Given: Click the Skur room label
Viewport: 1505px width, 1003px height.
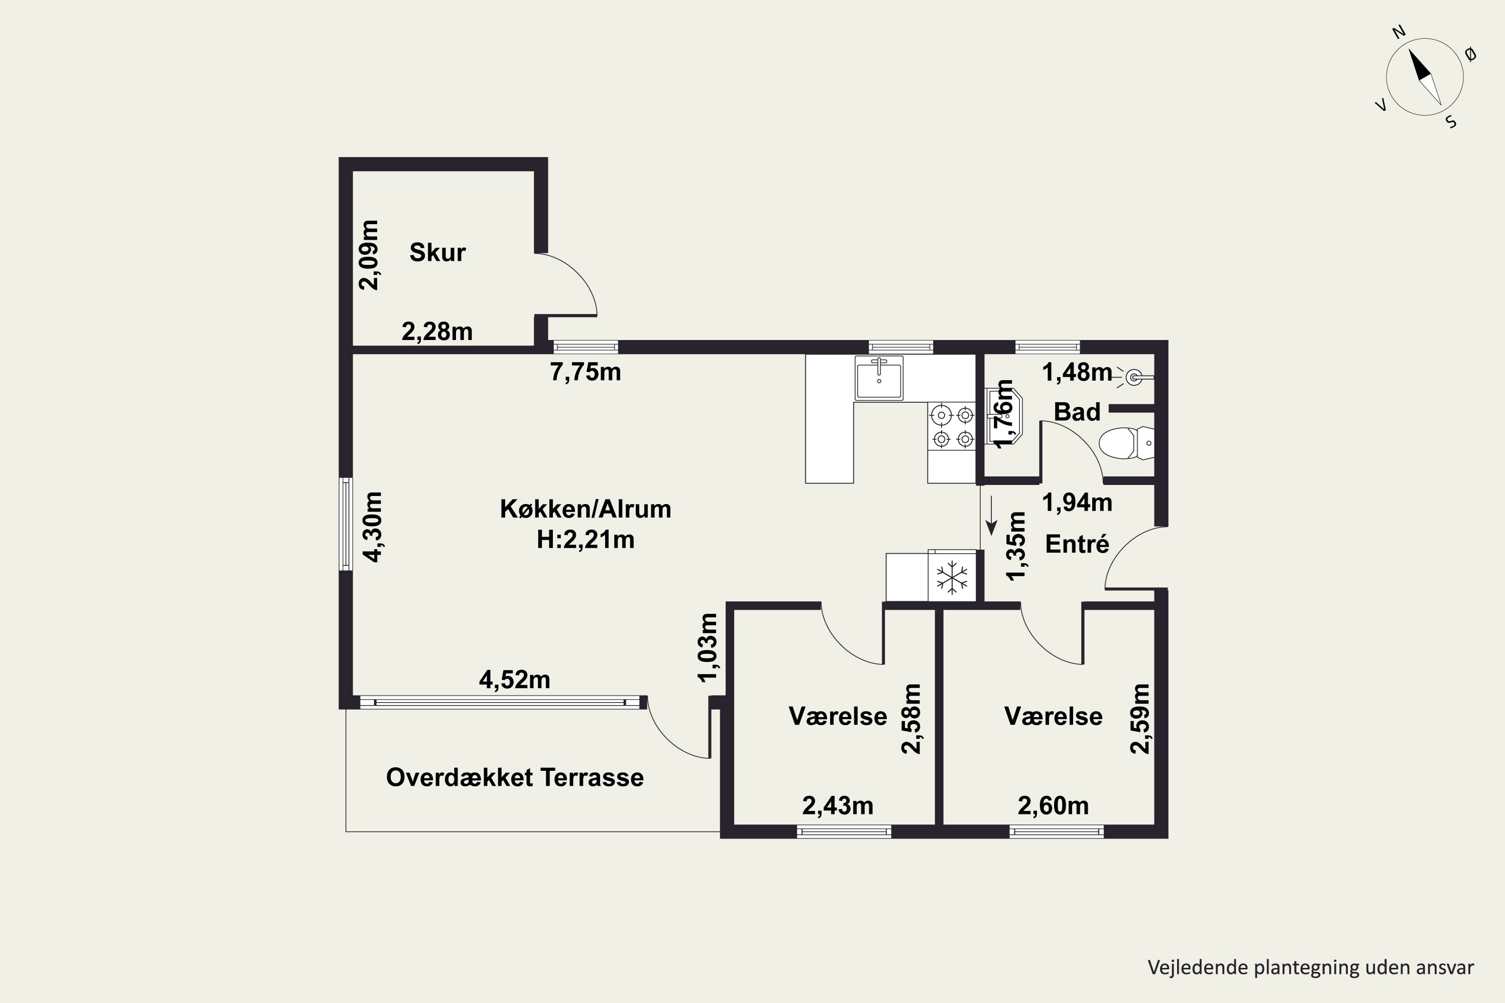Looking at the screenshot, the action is coord(437,253).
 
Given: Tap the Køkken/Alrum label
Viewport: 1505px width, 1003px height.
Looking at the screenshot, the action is coord(585,509).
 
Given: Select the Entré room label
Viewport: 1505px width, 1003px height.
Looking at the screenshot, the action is coord(1077,544).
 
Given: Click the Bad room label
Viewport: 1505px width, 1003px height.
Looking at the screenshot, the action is coord(1077,412).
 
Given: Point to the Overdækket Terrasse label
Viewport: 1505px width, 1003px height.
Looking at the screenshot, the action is coord(515,777).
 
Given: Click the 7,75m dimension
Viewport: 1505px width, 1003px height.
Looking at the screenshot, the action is coord(585,372).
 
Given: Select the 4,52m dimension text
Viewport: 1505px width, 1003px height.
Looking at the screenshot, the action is coord(515,680).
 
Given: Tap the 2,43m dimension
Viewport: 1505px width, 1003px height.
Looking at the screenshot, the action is coord(838,805).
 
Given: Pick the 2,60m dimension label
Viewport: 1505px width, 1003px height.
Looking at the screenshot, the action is coord(1053,805).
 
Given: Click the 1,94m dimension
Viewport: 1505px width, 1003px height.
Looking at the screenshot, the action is coord(1077,502).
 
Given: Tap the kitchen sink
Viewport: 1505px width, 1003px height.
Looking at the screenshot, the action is coord(879,378).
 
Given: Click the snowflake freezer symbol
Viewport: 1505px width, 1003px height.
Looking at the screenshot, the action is coord(952,577).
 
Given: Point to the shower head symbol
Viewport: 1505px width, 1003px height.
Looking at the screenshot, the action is coord(1133,378).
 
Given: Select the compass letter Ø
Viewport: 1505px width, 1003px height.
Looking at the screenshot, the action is coord(1470,55).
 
